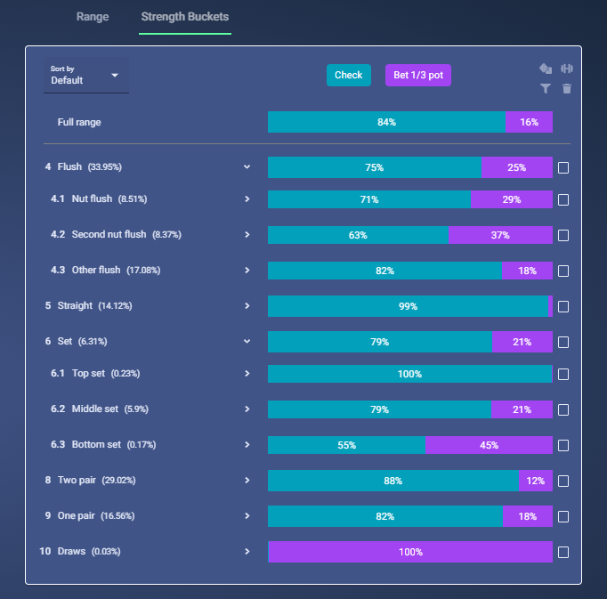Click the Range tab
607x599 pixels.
point(93,17)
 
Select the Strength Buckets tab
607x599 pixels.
point(185,17)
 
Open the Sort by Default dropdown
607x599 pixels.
point(86,75)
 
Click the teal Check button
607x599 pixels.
point(348,75)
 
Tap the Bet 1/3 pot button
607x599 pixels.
point(418,75)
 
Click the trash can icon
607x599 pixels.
point(567,89)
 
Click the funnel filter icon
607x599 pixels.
point(546,89)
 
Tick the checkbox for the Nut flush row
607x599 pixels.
point(563,199)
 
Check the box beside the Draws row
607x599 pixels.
point(563,552)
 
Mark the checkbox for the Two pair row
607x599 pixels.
point(563,481)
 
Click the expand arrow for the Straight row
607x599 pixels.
point(247,306)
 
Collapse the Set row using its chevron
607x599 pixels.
point(247,342)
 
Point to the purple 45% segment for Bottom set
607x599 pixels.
point(489,445)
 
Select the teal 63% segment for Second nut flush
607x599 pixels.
point(358,235)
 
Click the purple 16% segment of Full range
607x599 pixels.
point(529,122)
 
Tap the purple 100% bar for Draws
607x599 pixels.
point(410,552)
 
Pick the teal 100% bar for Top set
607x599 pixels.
point(410,374)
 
